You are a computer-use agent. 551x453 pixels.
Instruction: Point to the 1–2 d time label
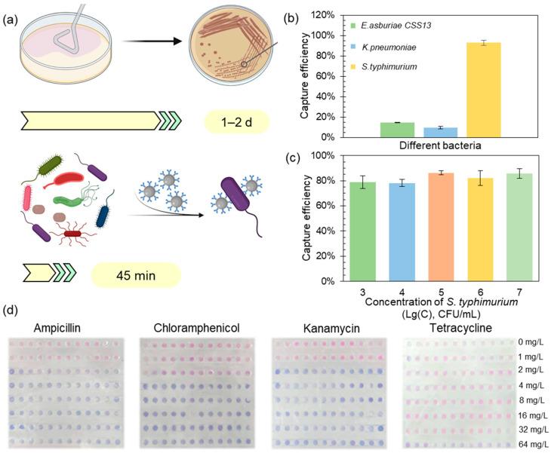(236, 121)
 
